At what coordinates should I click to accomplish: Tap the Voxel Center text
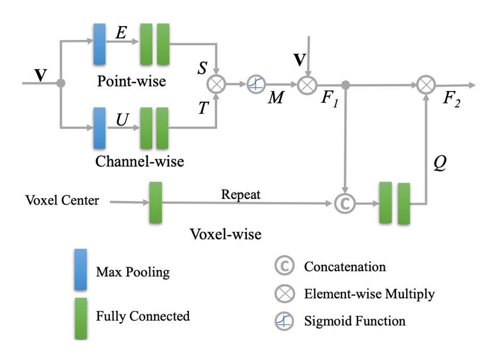(x=62, y=201)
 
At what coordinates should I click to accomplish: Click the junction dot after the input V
(x=61, y=84)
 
